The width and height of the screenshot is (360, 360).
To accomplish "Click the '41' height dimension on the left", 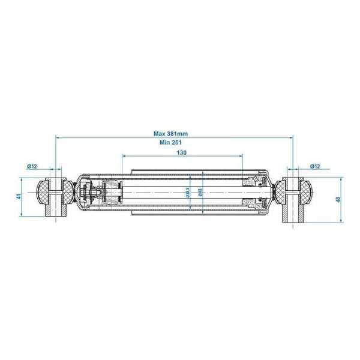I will point(19,196).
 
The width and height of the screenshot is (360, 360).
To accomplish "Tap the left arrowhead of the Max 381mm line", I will point(58,137).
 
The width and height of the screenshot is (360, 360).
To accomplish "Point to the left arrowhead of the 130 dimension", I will point(124,157).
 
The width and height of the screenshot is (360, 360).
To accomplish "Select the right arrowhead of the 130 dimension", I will point(241,157).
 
